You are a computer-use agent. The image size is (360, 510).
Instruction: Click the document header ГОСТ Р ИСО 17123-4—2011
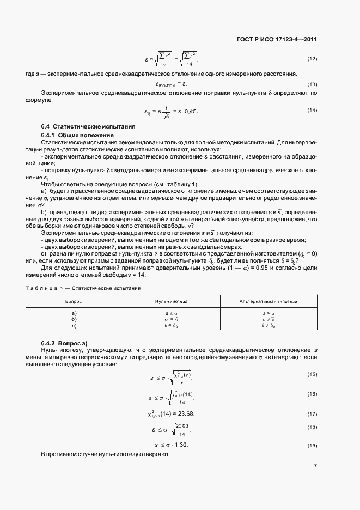tap(278, 40)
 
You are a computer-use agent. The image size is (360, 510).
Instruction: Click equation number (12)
tap(312, 58)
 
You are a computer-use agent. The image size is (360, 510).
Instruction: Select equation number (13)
tap(312, 84)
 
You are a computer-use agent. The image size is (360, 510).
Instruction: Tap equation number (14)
tap(312, 111)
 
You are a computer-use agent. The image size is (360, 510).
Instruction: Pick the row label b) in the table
tap(74, 320)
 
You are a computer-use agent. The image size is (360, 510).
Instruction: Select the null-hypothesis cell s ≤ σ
tap(172, 314)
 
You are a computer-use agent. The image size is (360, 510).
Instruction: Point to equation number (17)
tap(312, 414)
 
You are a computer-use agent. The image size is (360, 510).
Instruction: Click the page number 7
tap(315, 466)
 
